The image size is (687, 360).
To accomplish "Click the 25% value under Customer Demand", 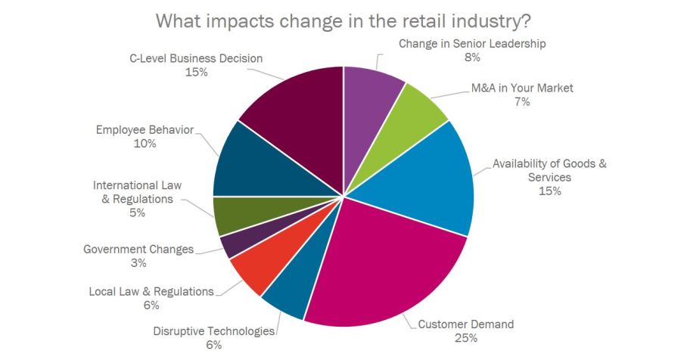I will (465, 337).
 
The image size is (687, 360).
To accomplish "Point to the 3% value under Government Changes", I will (138, 263).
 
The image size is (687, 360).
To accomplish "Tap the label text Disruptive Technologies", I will (213, 331).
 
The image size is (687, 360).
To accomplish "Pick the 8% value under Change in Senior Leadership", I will (472, 57).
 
